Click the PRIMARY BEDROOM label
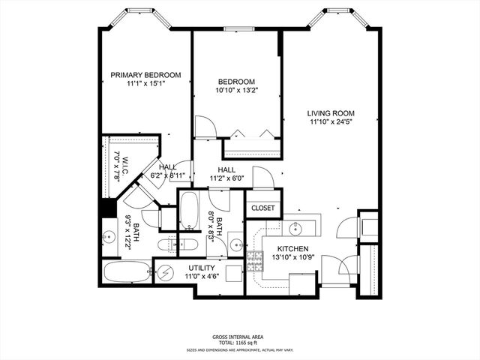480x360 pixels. (x=145, y=75)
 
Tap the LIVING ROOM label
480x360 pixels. (x=331, y=113)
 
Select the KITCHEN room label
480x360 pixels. (x=292, y=249)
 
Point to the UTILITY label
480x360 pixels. (x=202, y=268)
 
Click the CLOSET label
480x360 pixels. (x=263, y=208)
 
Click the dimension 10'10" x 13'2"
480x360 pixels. (x=236, y=90)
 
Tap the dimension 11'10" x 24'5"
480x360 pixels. (x=331, y=121)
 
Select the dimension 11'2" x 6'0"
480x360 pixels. (x=226, y=178)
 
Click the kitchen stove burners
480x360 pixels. (x=255, y=261)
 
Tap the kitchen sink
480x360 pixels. (x=295, y=228)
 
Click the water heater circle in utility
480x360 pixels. (x=166, y=272)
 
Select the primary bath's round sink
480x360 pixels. (x=109, y=237)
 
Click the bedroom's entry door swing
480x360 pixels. (x=205, y=127)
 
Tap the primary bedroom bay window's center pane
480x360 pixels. (x=140, y=10)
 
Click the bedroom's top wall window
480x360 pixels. (x=238, y=28)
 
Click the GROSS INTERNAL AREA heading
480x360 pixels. (x=238, y=337)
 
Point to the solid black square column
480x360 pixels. (x=107, y=208)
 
